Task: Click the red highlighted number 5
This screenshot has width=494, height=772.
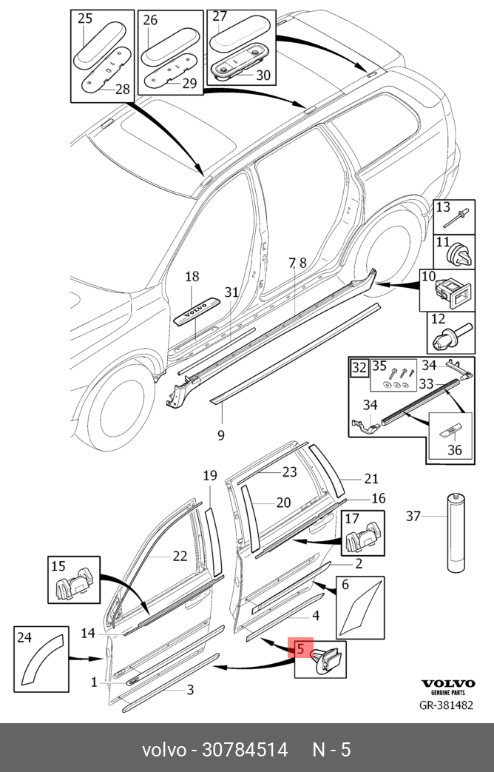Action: click(300, 649)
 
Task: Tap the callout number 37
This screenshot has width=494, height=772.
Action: click(413, 516)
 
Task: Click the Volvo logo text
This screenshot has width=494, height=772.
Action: click(447, 685)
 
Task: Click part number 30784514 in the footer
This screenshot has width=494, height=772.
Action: click(245, 750)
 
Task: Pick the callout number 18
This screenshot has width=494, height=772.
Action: click(192, 277)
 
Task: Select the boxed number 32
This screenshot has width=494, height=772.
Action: click(359, 367)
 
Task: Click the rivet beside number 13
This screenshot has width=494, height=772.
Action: click(453, 217)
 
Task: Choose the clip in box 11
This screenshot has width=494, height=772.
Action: click(459, 256)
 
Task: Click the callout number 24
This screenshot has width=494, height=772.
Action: click(24, 637)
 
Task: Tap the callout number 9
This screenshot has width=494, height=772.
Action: click(220, 434)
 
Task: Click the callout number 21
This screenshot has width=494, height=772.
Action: click(370, 478)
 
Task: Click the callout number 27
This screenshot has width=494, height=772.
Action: click(220, 16)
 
